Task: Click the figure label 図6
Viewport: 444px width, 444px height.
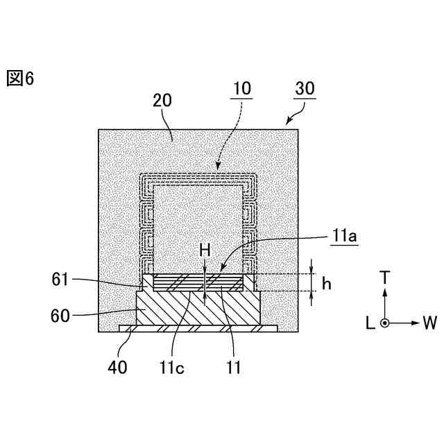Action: click(x=19, y=78)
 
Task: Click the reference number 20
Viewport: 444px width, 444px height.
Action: click(x=162, y=101)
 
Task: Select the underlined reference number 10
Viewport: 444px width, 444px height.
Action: click(x=241, y=89)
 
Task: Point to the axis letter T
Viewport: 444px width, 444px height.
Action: click(x=386, y=277)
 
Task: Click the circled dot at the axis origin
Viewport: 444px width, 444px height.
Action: click(x=386, y=323)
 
